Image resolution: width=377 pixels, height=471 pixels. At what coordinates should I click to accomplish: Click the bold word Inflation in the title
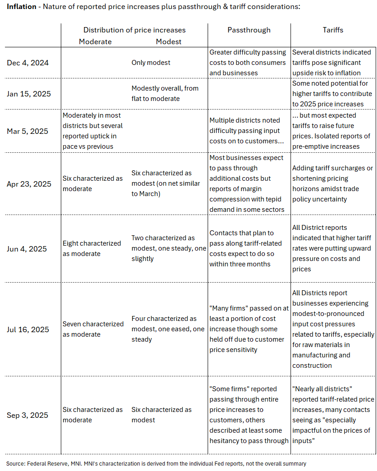pyautogui.click(x=21, y=7)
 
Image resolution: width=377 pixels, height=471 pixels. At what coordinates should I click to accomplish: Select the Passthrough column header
pyautogui.click(x=249, y=30)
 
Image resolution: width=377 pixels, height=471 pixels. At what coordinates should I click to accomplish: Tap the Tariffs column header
pyautogui.click(x=333, y=30)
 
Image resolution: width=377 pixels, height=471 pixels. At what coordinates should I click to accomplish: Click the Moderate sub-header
pyautogui.click(x=95, y=42)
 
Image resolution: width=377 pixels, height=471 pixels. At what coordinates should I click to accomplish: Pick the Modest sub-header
pyautogui.click(x=168, y=42)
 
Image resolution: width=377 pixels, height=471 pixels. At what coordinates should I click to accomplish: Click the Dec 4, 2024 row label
pyautogui.click(x=27, y=63)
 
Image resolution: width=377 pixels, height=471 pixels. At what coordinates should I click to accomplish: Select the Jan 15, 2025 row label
pyautogui.click(x=29, y=94)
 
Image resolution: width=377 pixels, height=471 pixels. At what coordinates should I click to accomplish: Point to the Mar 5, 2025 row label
pyautogui.click(x=27, y=131)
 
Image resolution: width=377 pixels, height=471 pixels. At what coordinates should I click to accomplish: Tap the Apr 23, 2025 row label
pyautogui.click(x=29, y=184)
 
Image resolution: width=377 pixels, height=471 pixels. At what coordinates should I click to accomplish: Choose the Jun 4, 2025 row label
pyautogui.click(x=27, y=249)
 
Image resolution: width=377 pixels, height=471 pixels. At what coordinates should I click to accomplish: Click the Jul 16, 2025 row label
pyautogui.click(x=28, y=329)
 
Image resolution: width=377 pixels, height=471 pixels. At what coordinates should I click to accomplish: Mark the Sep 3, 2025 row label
pyautogui.click(x=27, y=415)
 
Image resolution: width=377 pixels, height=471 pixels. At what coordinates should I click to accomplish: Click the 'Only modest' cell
pyautogui.click(x=151, y=63)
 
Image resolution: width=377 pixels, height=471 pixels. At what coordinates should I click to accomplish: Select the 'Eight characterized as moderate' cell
pyautogui.click(x=92, y=248)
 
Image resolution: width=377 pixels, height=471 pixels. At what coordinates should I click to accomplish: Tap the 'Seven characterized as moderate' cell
pyautogui.click(x=93, y=329)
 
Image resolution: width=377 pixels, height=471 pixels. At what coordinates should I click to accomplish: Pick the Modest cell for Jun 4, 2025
pyautogui.click(x=169, y=248)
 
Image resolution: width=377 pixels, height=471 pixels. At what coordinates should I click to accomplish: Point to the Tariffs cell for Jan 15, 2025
pyautogui.click(x=332, y=94)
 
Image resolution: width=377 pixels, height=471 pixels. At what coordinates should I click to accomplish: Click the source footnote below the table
pyautogui.click(x=156, y=463)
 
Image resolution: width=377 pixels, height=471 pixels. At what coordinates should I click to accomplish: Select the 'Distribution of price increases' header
pyautogui.click(x=134, y=30)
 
